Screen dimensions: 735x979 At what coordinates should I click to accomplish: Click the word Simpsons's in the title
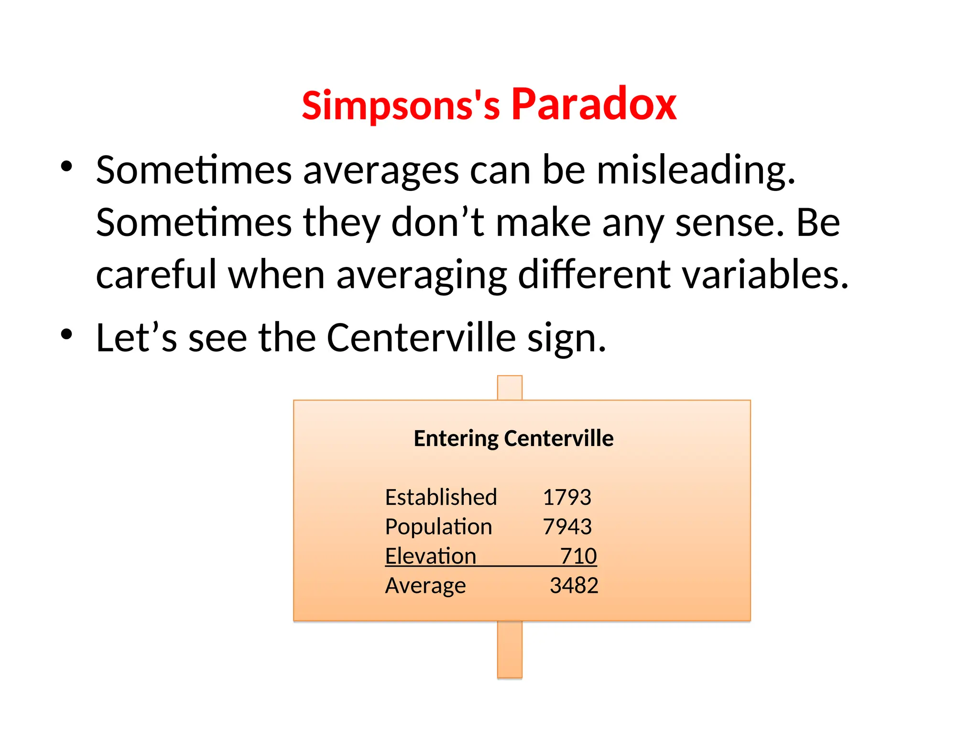tap(401, 105)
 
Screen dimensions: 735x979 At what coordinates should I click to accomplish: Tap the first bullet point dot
tap(66, 167)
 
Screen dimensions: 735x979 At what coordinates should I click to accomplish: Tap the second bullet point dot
tap(66, 334)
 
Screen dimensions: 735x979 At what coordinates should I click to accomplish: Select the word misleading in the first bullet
tap(696, 170)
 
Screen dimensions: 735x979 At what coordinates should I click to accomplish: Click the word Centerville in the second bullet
tap(421, 338)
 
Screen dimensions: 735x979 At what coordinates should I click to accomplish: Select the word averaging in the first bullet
tap(421, 276)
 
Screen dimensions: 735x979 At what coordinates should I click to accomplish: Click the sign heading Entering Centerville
tap(513, 438)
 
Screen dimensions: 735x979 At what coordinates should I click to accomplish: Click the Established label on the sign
tap(441, 497)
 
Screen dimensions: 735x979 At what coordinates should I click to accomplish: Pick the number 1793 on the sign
tap(567, 497)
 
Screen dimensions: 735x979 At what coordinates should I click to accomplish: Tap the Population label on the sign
tap(438, 527)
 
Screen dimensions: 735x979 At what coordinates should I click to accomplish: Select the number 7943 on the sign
tap(567, 527)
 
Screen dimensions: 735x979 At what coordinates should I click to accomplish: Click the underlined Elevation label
tap(431, 556)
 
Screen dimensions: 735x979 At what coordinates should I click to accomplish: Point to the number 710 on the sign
tap(578, 556)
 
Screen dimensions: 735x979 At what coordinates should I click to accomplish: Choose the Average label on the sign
tap(425, 586)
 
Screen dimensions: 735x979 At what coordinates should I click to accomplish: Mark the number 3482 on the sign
tap(574, 586)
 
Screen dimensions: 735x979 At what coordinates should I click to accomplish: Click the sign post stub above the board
tap(510, 388)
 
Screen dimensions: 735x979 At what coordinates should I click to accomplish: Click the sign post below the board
tap(510, 649)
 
